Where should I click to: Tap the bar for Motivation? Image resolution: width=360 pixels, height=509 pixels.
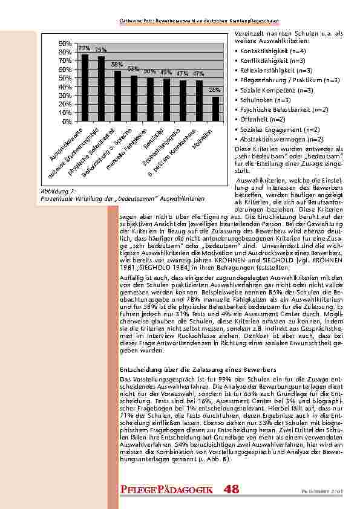tap(215, 109)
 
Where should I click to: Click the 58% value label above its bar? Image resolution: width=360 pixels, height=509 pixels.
tap(117, 64)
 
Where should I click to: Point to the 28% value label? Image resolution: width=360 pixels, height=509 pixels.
tap(215, 89)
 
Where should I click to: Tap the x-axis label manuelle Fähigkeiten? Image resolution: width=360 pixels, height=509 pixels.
tap(131, 148)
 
